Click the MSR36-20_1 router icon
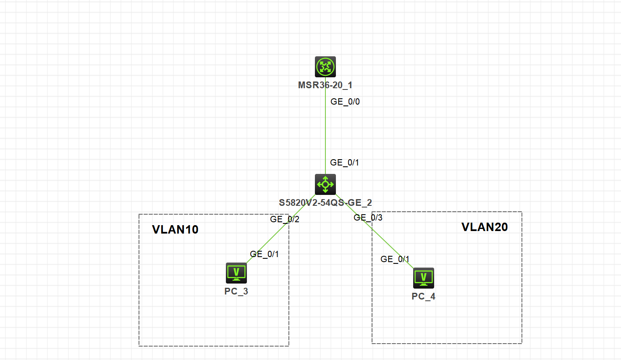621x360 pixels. pyautogui.click(x=325, y=67)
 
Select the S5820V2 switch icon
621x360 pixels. pyautogui.click(x=325, y=184)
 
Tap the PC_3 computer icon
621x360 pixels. pyautogui.click(x=236, y=273)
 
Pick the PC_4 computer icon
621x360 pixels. pyautogui.click(x=424, y=278)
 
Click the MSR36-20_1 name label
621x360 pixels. pyautogui.click(x=325, y=85)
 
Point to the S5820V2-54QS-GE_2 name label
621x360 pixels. pyautogui.click(x=325, y=203)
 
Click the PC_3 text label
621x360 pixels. pyautogui.click(x=236, y=292)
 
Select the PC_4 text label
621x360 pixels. pyautogui.click(x=423, y=297)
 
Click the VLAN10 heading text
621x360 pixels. pyautogui.click(x=175, y=230)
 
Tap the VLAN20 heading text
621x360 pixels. pyautogui.click(x=485, y=227)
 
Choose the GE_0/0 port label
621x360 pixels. pyautogui.click(x=345, y=102)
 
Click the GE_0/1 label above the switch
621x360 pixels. pyautogui.click(x=344, y=163)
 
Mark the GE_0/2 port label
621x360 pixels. pyautogui.click(x=285, y=219)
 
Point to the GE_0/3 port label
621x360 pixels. pyautogui.click(x=368, y=218)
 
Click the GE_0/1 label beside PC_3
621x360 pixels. pyautogui.click(x=264, y=254)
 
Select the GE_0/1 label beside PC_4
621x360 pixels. pyautogui.click(x=395, y=259)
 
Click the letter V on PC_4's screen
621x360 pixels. pyautogui.click(x=424, y=276)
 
